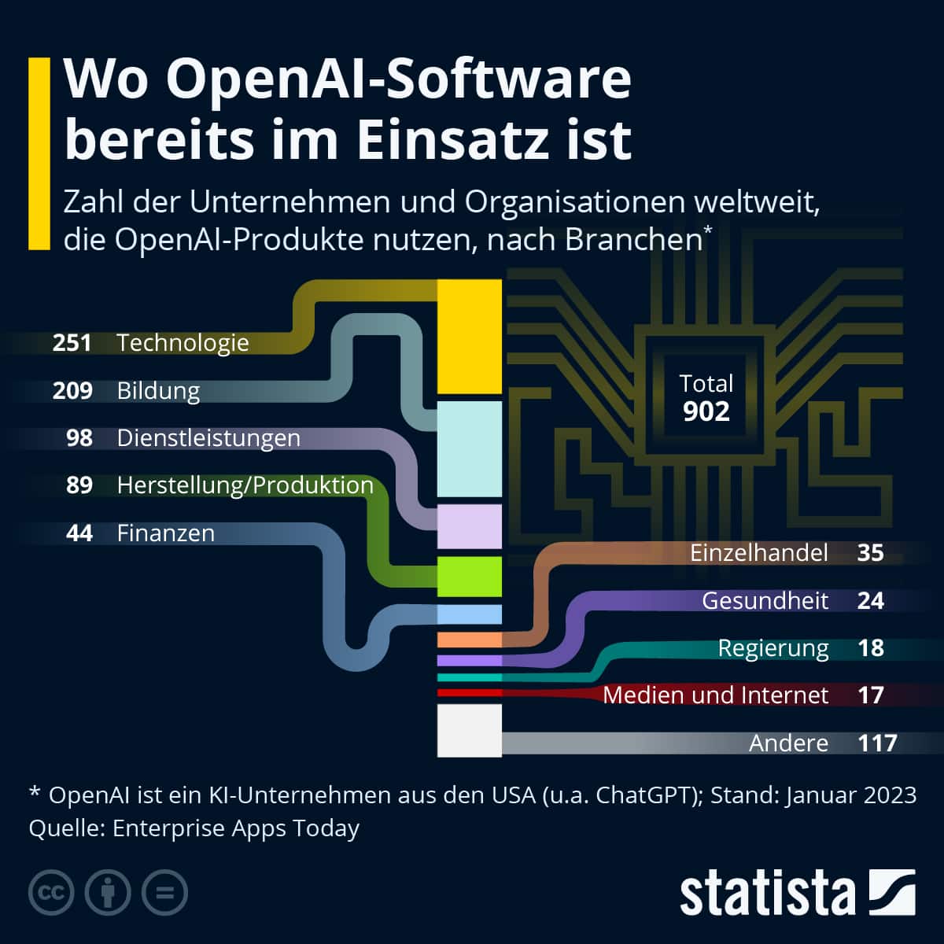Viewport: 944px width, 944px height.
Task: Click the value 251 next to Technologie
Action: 72,343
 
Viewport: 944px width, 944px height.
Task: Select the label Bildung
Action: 158,391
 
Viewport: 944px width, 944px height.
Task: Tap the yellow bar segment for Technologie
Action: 469,337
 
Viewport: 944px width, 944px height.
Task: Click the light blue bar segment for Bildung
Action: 469,449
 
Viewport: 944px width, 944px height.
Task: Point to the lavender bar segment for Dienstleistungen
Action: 469,526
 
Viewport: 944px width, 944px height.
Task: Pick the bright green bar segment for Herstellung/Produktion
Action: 469,576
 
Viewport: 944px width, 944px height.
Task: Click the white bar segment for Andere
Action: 469,730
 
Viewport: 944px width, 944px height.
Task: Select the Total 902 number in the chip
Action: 706,411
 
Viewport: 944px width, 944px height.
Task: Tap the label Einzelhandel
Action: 758,553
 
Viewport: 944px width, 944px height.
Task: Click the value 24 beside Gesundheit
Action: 870,601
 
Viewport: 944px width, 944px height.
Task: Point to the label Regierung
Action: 773,648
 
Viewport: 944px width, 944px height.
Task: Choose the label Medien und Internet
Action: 715,695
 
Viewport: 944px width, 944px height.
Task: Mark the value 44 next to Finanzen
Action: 79,533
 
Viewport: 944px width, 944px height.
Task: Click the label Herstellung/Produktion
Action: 245,485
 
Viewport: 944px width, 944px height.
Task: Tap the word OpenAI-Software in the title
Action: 399,79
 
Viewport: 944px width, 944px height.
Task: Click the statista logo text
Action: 767,894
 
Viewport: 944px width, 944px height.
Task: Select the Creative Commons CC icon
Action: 51,893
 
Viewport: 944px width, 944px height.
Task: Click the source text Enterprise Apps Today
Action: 236,828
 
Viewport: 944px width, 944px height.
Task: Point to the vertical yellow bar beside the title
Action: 39,153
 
